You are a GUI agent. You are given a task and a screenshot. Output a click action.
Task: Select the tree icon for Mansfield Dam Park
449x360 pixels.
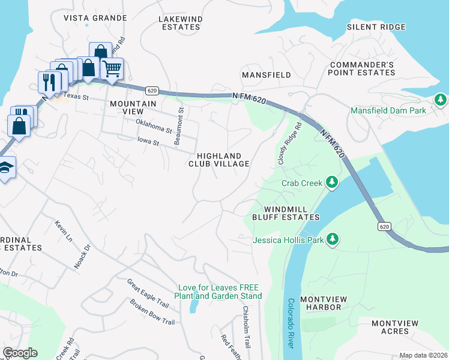(440, 99)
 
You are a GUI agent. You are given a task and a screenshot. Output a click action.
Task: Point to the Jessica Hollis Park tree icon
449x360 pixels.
(332, 240)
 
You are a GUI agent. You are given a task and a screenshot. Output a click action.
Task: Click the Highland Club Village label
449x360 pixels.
(219, 160)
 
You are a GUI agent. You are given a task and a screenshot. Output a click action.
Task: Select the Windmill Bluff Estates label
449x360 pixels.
(286, 213)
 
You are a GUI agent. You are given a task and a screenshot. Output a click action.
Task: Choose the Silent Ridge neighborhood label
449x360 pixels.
(376, 27)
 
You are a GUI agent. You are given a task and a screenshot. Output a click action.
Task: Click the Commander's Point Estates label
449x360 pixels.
(361, 68)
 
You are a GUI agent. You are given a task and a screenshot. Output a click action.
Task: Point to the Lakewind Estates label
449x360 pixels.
(179, 23)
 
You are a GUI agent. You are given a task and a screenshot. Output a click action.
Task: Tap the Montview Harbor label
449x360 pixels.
(321, 303)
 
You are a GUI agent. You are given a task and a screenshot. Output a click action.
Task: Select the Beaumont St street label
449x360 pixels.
(178, 124)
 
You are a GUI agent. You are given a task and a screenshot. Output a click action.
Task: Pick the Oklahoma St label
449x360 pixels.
(154, 125)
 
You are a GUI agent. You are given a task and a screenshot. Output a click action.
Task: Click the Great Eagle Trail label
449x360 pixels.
(148, 293)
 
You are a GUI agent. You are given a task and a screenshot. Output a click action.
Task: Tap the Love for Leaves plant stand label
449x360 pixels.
(218, 292)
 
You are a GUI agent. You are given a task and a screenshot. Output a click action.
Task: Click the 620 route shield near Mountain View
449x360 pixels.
(152, 91)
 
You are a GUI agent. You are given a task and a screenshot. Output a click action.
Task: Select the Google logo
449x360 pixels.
(20, 353)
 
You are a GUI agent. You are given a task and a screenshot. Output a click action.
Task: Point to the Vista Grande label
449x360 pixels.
(95, 18)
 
